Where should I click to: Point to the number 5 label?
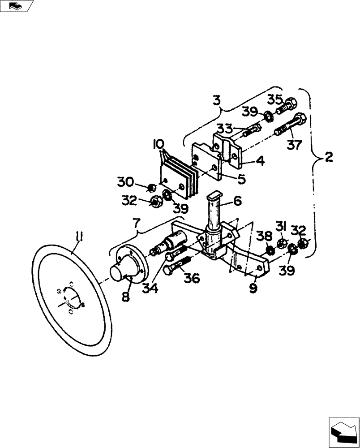pos(241,179)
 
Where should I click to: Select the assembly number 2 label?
pos(329,157)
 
